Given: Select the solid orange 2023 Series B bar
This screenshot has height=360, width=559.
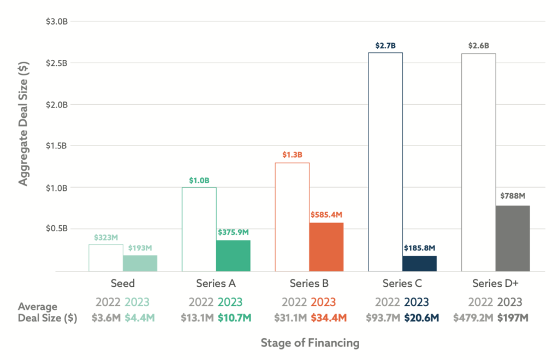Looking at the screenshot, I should pyautogui.click(x=326, y=247).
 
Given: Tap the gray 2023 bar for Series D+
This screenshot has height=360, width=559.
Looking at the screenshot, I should pyautogui.click(x=513, y=238).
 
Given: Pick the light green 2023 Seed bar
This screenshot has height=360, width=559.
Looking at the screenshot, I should pyautogui.click(x=140, y=263).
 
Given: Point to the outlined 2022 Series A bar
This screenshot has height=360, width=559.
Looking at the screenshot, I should pyautogui.click(x=199, y=229).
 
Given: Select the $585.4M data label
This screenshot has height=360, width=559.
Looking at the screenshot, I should pyautogui.click(x=326, y=215).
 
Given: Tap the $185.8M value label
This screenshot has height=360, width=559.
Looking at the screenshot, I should pyautogui.click(x=420, y=248).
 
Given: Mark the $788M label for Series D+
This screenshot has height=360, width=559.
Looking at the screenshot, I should pyautogui.click(x=513, y=196).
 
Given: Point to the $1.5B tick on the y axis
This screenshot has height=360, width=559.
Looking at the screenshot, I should pyautogui.click(x=56, y=146).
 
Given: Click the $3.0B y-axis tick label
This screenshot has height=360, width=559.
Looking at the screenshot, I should pyautogui.click(x=56, y=21).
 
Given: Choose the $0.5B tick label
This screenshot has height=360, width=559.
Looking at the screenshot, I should pyautogui.click(x=56, y=229).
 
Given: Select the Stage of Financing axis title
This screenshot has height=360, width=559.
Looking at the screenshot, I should pyautogui.click(x=310, y=343).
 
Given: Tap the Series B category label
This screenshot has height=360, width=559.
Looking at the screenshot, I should pyautogui.click(x=310, y=284).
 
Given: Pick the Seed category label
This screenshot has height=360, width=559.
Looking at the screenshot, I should pyautogui.click(x=123, y=284).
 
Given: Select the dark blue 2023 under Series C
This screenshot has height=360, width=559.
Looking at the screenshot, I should pyautogui.click(x=417, y=302).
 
